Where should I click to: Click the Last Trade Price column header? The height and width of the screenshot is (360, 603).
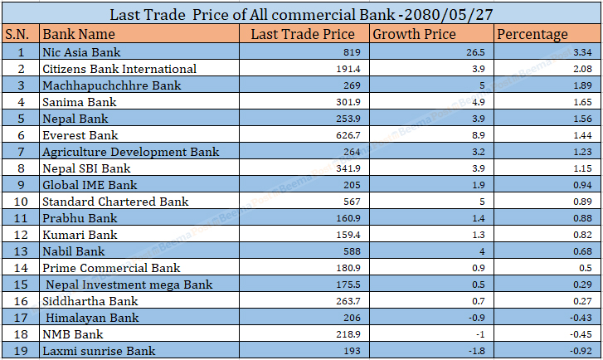(x=303, y=34)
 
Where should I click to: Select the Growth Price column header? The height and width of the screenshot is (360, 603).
(x=414, y=34)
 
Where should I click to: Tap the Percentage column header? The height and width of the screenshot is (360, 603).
(x=532, y=34)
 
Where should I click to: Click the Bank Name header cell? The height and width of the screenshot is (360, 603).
(x=79, y=34)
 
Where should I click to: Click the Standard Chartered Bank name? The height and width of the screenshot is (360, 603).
(x=115, y=202)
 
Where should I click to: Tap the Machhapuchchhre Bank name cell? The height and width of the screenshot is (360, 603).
(x=111, y=85)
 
